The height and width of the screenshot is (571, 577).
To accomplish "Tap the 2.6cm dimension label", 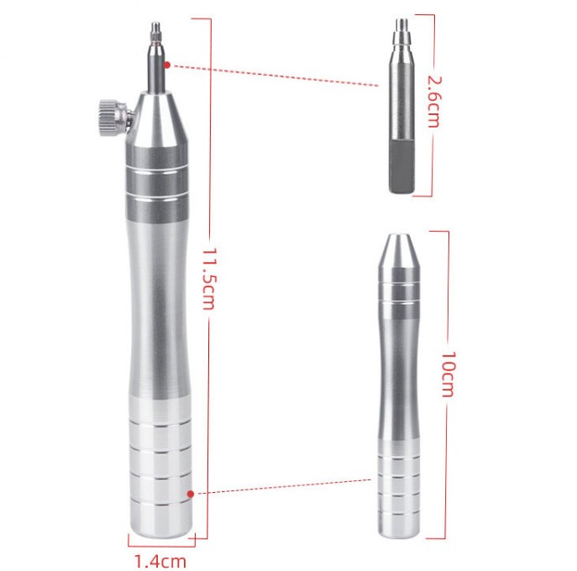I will pyautogui.click(x=433, y=101).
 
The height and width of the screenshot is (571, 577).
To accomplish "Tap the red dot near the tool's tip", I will pyautogui.click(x=168, y=65).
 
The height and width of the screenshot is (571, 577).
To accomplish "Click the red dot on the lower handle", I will pyautogui.click(x=191, y=495).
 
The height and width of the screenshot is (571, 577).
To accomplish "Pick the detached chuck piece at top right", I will pyautogui.click(x=400, y=105).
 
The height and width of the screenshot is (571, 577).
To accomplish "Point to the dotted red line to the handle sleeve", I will pyautogui.click(x=281, y=487).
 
